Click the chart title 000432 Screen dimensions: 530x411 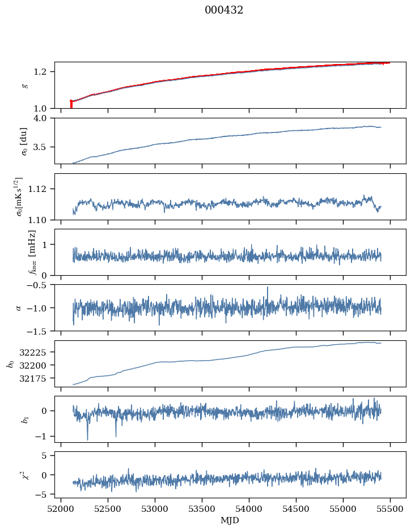point(224,10)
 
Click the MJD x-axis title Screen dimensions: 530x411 point(230,520)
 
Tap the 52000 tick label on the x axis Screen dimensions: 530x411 point(61,508)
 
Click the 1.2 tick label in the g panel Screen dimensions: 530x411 point(45,72)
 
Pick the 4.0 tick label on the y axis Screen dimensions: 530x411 point(45,118)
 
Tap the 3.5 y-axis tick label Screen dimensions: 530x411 point(45,147)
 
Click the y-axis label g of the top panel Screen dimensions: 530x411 point(24,85)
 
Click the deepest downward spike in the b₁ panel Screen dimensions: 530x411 point(87,439)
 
